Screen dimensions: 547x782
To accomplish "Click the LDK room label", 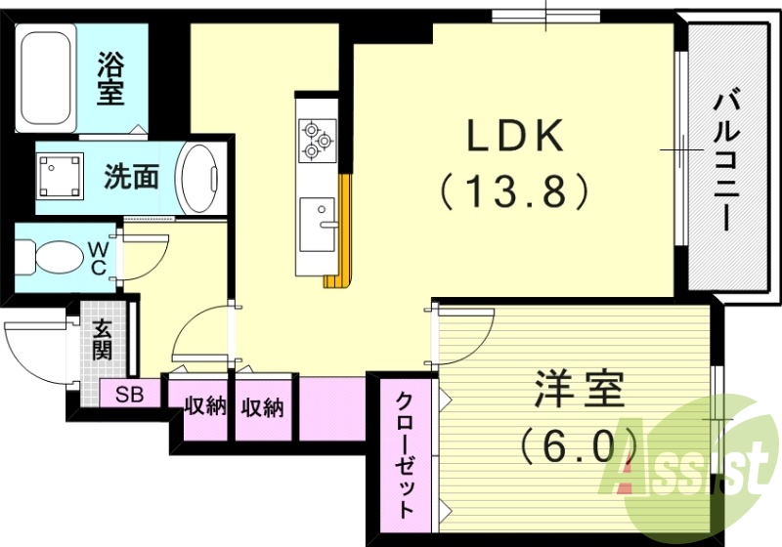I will [515, 137].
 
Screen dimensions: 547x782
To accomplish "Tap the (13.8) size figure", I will [515, 189].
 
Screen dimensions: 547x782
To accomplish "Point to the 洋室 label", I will [579, 392].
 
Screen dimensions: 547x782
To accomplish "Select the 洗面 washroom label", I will [131, 177].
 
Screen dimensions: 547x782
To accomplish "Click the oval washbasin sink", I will [199, 177].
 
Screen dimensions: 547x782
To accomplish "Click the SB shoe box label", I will [129, 395].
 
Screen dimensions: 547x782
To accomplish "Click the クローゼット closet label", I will [405, 454].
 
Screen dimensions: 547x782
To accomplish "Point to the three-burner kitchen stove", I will [317, 138].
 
